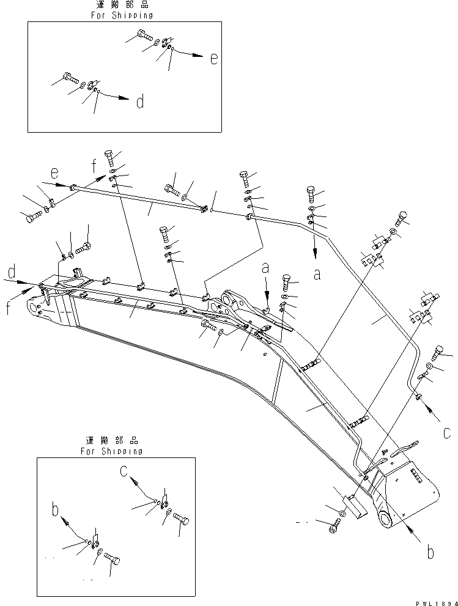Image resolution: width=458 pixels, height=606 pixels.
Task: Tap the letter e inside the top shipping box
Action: point(213,59)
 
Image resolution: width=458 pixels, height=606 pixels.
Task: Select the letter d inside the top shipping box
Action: point(140,102)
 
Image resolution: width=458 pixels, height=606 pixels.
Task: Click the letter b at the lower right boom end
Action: point(431,553)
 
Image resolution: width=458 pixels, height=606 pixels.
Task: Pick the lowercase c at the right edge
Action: point(448,433)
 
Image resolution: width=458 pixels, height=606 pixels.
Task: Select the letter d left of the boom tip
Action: point(12,270)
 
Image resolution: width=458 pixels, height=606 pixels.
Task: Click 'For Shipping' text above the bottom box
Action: point(111,451)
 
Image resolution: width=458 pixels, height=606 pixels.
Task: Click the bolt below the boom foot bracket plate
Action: point(334,525)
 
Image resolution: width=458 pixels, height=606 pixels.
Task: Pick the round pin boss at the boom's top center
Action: point(232,299)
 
